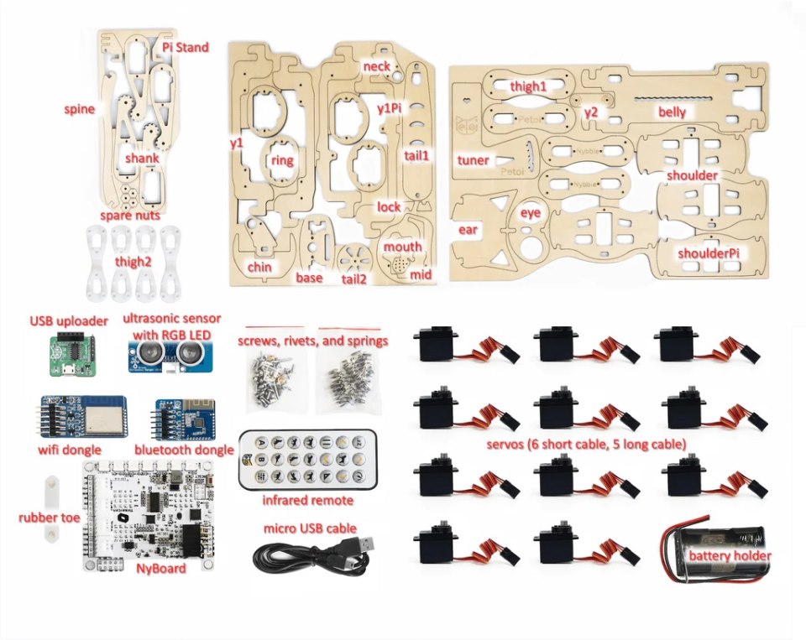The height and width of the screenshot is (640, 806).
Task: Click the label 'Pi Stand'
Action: [x=186, y=48]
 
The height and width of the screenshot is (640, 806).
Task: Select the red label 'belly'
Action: [x=672, y=112]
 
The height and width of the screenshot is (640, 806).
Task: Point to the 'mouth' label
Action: [x=403, y=247]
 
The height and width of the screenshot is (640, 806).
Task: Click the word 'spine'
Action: [x=79, y=109]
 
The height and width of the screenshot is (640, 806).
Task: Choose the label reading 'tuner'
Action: [x=474, y=159]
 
